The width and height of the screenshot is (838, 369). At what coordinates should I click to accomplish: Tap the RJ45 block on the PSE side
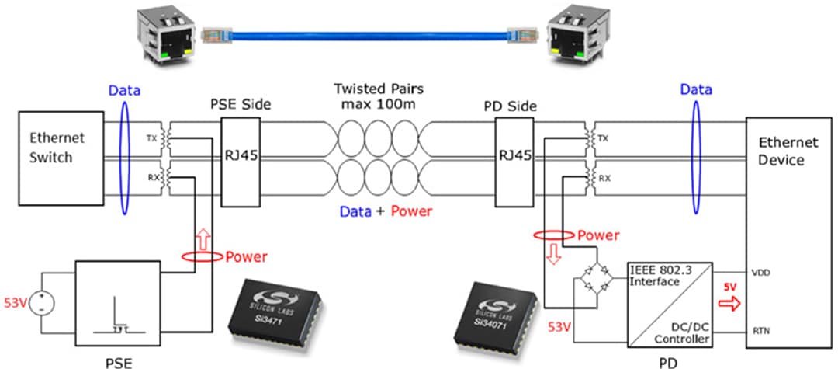[x=240, y=155]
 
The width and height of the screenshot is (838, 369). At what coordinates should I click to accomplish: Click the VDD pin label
[x=762, y=272]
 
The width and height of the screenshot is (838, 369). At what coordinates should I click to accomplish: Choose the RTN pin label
[x=762, y=330]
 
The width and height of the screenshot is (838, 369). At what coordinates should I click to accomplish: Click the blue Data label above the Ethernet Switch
[x=124, y=90]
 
